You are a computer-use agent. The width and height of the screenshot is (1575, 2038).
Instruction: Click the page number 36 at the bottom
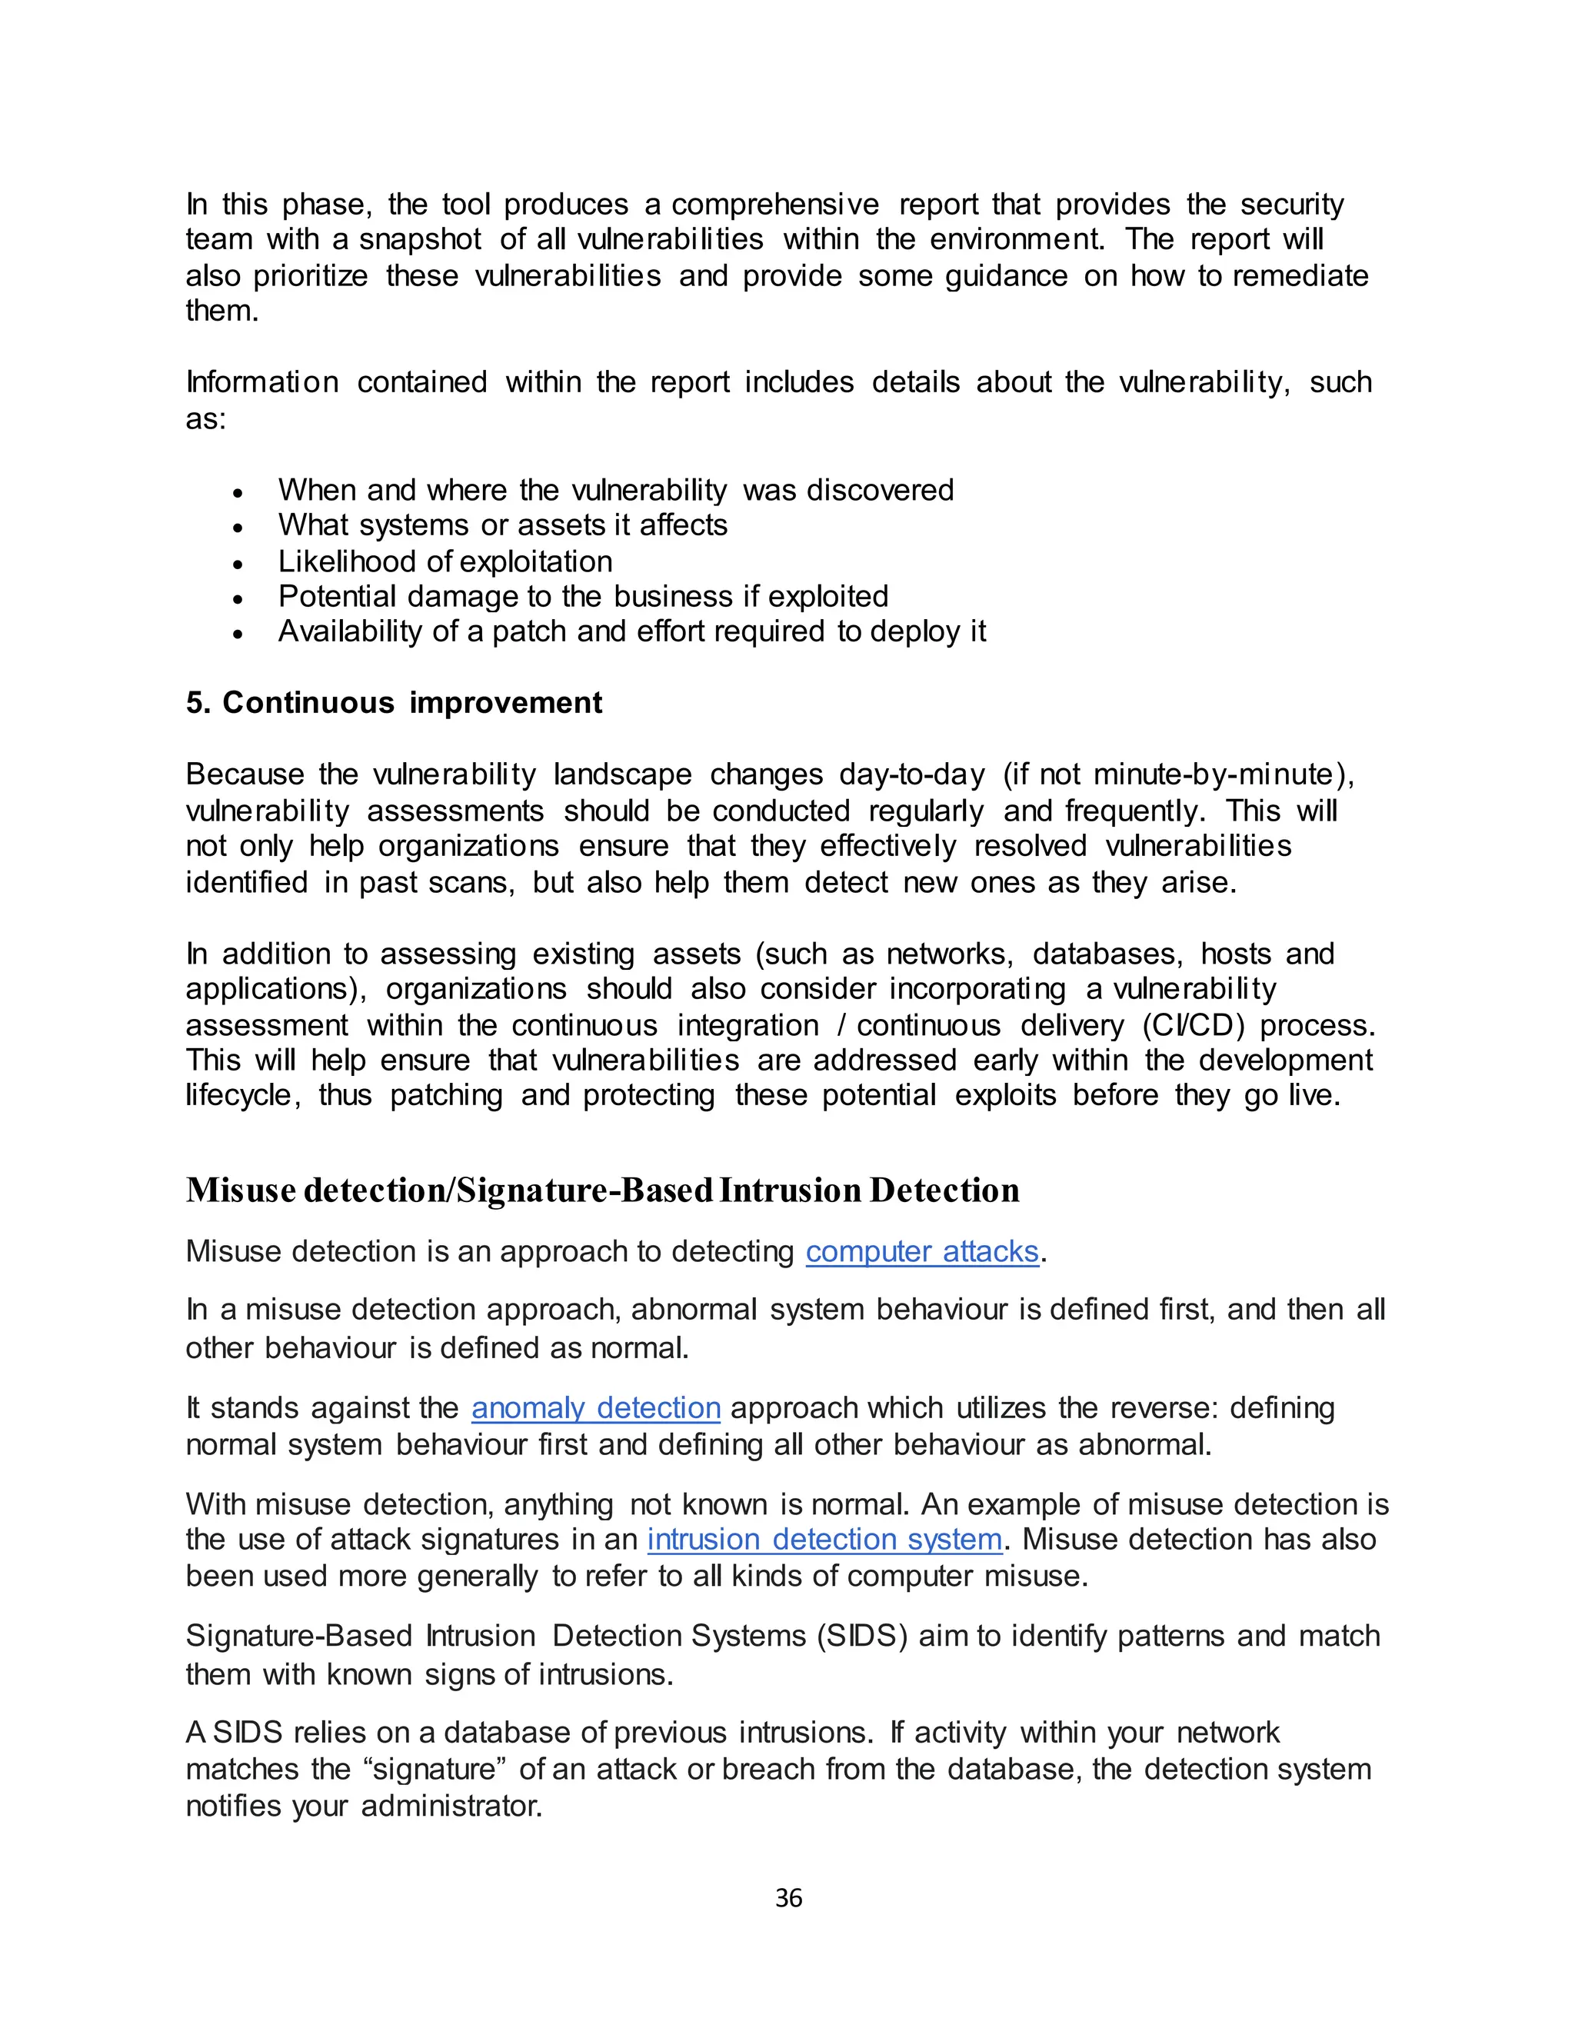[x=788, y=1898]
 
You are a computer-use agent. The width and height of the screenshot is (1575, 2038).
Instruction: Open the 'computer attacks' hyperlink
[x=922, y=1251]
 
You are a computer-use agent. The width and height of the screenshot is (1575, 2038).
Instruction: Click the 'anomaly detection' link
[x=595, y=1407]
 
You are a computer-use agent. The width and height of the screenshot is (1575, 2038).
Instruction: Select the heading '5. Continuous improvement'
[x=394, y=703]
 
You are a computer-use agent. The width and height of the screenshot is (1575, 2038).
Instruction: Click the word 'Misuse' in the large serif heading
[x=241, y=1190]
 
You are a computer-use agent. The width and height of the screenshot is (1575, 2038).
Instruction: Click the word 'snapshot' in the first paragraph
[x=420, y=240]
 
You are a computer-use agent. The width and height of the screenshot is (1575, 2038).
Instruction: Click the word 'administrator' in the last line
[x=451, y=1806]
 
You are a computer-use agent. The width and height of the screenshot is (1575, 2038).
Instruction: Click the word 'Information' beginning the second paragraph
[x=261, y=382]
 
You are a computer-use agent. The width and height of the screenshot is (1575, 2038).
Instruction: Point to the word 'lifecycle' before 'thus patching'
[x=241, y=1094]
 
